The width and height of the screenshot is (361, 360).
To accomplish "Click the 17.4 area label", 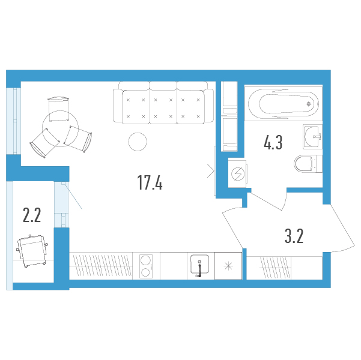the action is [150, 182].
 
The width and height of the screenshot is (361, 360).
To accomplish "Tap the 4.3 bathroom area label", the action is [273, 143].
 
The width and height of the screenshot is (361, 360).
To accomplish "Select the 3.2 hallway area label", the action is [294, 236].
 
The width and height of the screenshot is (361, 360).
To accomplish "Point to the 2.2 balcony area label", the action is [32, 215].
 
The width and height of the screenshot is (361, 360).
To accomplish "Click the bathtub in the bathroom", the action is [283, 104].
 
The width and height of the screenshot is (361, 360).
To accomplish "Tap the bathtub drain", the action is [309, 104].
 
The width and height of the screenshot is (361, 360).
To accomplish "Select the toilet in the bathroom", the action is [308, 164].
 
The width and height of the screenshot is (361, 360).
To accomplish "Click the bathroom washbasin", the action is [313, 137].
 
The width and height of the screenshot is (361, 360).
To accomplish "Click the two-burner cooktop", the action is [146, 266].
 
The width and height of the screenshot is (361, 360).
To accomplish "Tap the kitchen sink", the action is [200, 265].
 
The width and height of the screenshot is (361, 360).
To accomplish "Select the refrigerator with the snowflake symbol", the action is [228, 266].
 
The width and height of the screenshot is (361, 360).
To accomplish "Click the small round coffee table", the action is [138, 142].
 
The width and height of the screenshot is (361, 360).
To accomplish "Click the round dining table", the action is [60, 128].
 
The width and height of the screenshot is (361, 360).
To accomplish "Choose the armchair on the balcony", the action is [32, 251].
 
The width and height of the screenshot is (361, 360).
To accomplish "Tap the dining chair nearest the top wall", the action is [59, 109].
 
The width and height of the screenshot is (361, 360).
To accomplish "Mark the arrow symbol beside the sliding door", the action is [211, 170].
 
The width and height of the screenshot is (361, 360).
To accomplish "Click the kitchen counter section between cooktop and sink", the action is [174, 266].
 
